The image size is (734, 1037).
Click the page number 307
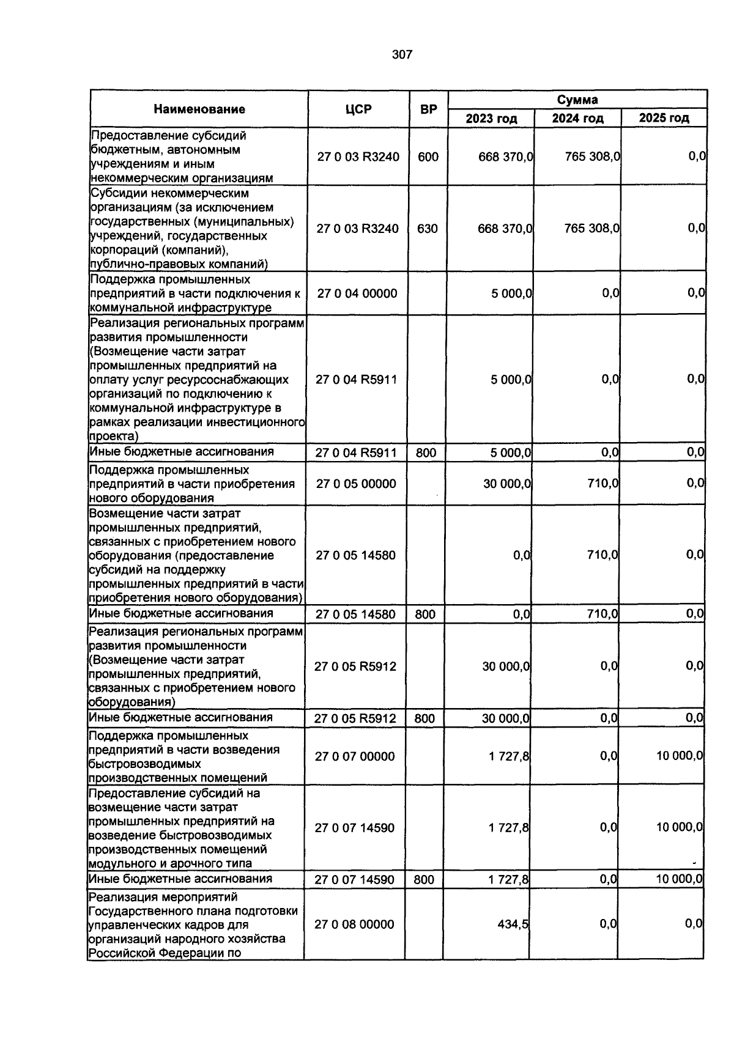[x=402, y=55]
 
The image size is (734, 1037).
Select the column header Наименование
[x=199, y=109]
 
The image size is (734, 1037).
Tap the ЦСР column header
[x=358, y=109]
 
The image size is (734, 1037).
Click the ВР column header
[x=429, y=109]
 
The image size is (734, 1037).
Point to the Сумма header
[x=577, y=100]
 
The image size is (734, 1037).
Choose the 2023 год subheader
[x=491, y=118]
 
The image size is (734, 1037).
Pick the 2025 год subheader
[x=664, y=118]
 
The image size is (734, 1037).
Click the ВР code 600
[x=428, y=157]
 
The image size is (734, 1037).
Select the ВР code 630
[x=428, y=229]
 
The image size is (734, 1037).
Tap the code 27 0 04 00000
[x=357, y=293]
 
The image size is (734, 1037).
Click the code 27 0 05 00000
[x=356, y=484]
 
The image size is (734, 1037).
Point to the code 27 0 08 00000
[x=355, y=924]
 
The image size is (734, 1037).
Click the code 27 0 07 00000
[x=355, y=756]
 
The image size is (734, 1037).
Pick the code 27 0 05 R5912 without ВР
[x=355, y=666]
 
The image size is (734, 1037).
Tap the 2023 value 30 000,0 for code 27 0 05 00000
[x=507, y=484]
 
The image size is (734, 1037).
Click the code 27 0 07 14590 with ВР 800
[x=355, y=880]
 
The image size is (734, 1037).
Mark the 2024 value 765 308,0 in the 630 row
[x=591, y=229]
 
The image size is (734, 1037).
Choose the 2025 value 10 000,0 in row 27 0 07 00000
[x=679, y=756]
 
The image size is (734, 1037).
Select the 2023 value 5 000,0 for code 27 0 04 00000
[x=511, y=293]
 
